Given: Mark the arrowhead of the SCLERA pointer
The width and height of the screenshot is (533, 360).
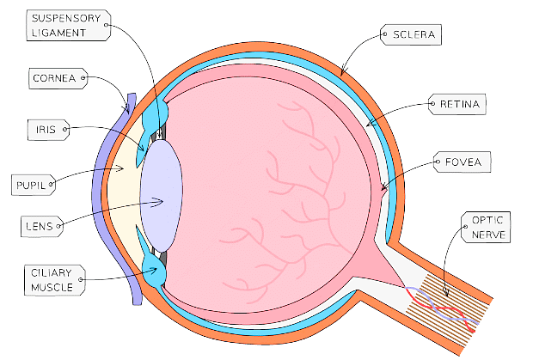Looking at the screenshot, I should [x=342, y=76].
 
